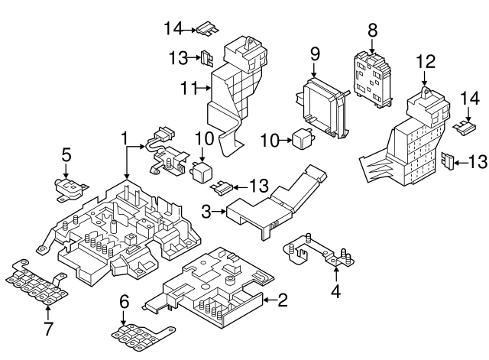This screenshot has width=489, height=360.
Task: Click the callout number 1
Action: pos(123,138)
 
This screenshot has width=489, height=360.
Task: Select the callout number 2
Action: pos(282,301)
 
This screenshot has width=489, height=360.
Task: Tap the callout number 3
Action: pos(206,209)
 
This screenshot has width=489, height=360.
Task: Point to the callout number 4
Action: pos(335,290)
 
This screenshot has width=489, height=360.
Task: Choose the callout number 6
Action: pos(124,303)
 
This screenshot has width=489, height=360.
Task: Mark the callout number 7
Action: pos(47,329)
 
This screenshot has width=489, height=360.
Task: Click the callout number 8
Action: pos(372,30)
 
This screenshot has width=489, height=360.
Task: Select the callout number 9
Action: pos(313,55)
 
